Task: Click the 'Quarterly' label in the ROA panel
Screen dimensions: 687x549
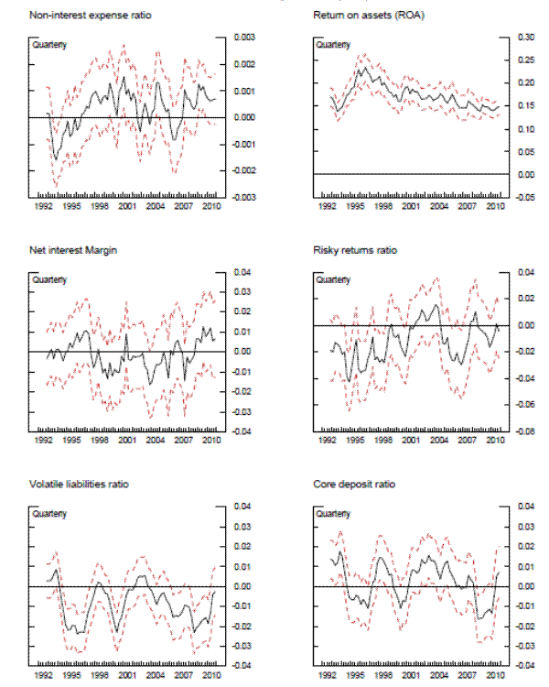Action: click(333, 45)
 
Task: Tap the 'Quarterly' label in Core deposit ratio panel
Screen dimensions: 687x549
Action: click(333, 514)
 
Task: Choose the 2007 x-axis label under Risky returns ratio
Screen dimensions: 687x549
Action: click(466, 442)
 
